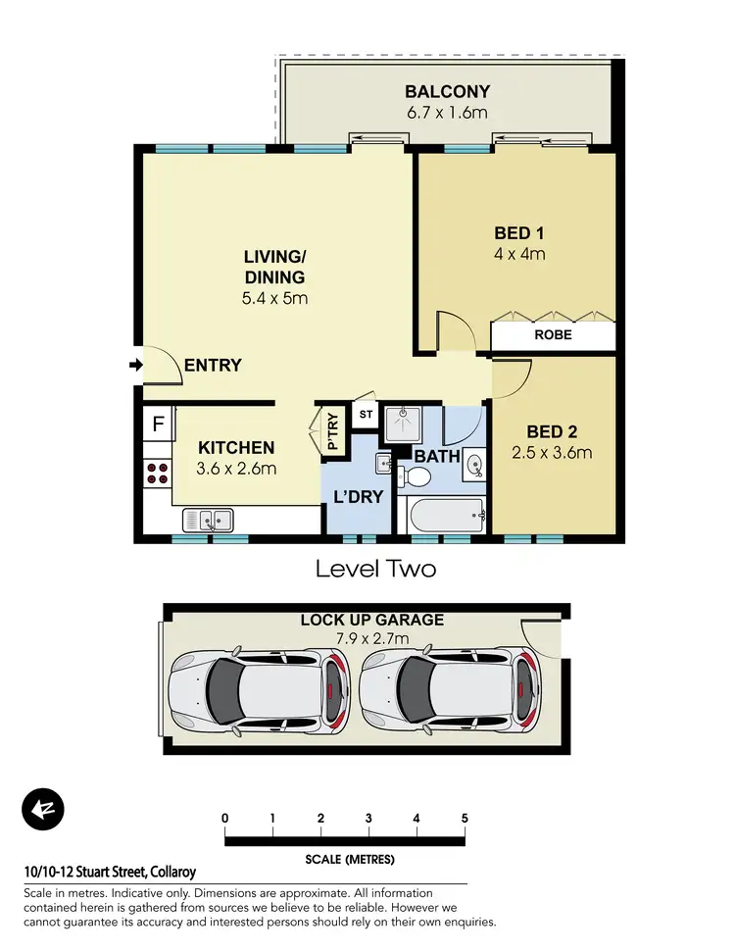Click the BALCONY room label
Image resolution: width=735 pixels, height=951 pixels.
pos(447,92)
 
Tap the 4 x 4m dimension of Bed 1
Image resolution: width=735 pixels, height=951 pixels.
pos(518,254)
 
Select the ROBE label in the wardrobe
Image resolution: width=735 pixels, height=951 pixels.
pos(554,335)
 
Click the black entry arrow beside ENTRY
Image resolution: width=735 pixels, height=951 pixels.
pos(134,366)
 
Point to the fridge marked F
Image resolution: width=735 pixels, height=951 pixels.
pos(158,425)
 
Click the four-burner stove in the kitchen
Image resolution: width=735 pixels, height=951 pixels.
pos(157,475)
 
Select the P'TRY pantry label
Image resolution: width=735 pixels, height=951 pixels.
pos(332,431)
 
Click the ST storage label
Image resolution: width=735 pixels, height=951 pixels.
pos(365,415)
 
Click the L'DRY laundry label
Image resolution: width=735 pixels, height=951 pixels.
pos(359,497)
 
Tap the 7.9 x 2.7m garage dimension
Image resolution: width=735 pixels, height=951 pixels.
pos(371,638)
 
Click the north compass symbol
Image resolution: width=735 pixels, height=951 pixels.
pos(42,810)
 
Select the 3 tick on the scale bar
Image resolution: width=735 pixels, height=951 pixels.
pos(368,818)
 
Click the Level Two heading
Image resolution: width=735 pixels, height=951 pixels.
pos(374,568)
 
